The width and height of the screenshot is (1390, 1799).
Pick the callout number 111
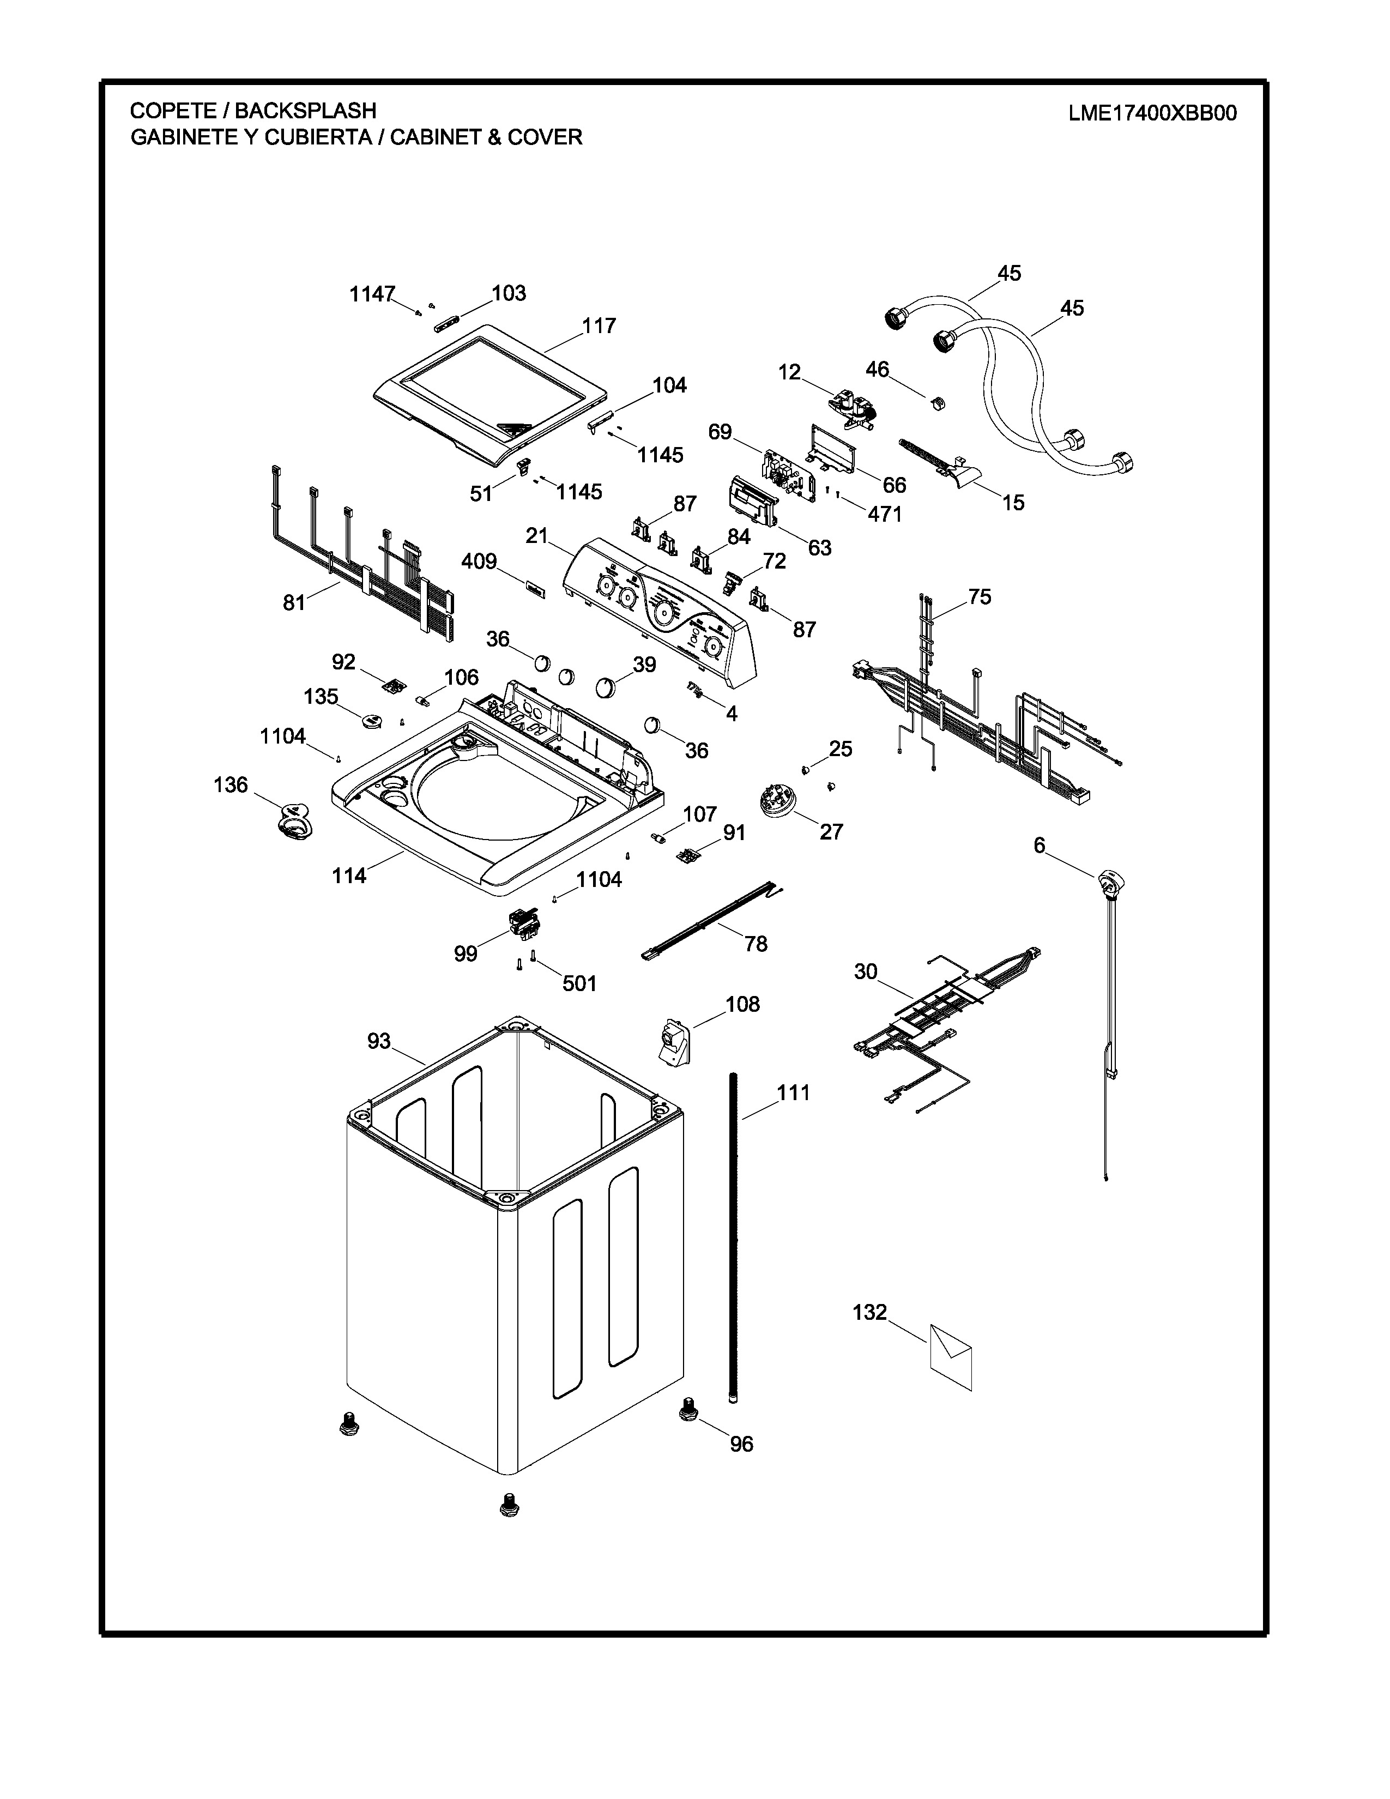coord(794,1093)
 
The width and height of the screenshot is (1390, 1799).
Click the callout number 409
coord(479,562)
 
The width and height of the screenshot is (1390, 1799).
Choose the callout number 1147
coord(372,294)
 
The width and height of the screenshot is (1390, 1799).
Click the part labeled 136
coord(292,820)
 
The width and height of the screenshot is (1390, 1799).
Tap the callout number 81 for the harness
coord(294,603)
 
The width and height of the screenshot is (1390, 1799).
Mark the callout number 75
coord(980,596)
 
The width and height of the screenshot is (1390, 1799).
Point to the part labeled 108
coord(674,1040)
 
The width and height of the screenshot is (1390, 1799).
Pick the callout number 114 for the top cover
coord(349,876)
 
